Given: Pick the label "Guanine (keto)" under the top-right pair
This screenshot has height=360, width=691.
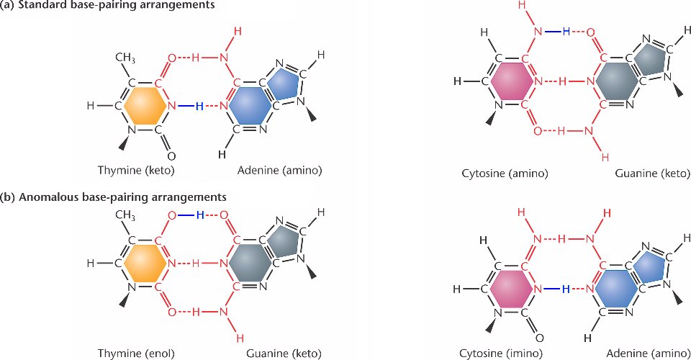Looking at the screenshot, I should (652, 175).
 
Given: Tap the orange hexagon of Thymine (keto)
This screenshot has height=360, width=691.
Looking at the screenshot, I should (146, 107).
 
